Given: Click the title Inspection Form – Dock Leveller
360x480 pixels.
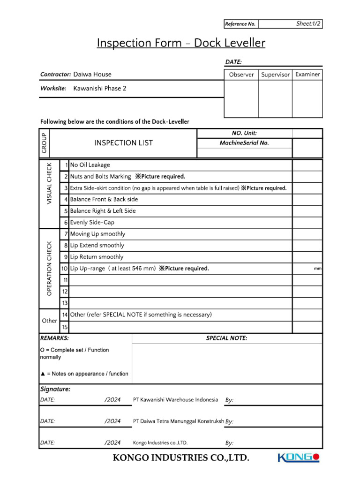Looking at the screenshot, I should (x=181, y=43).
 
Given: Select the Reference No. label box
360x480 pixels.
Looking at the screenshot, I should (x=240, y=24).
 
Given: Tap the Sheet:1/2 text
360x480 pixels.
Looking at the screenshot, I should (x=309, y=23).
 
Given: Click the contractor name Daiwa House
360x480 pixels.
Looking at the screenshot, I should (x=92, y=74).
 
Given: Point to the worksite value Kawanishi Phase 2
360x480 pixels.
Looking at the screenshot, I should (x=100, y=88).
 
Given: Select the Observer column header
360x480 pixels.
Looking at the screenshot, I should (x=241, y=75).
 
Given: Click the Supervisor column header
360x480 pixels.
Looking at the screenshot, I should (x=275, y=75).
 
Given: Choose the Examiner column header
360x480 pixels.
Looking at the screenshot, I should (x=307, y=74).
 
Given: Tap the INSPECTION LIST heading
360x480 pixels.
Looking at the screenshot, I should (x=123, y=143).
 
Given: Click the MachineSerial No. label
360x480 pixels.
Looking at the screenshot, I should (x=244, y=143).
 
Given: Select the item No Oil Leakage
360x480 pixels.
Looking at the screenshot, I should (x=90, y=165).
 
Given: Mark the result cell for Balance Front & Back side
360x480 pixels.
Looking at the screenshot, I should (x=307, y=199).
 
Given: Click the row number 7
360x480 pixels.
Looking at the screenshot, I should (x=66, y=234).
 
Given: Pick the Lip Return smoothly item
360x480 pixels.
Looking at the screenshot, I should (x=97, y=257).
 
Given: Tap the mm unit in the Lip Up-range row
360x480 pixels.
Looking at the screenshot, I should (x=317, y=269).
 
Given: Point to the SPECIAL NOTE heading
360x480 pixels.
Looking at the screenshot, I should (x=226, y=338).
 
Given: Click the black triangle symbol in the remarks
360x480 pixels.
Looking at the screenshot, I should (x=43, y=374).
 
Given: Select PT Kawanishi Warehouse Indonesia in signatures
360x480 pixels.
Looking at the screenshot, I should (x=175, y=400).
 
